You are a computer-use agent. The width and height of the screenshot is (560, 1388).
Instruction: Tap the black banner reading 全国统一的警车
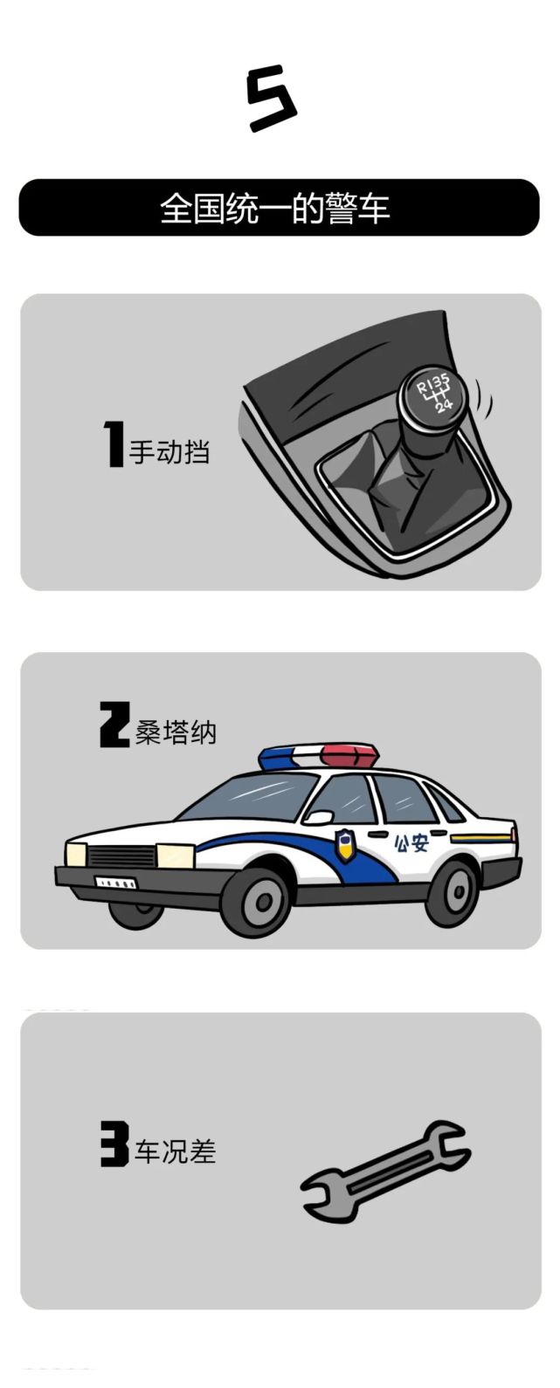click(x=280, y=208)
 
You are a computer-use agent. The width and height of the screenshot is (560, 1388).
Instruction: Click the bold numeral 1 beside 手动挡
click(x=114, y=443)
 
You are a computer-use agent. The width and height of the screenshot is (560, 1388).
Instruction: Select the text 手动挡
click(x=169, y=451)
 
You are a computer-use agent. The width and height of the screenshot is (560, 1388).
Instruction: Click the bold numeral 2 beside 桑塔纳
click(x=114, y=725)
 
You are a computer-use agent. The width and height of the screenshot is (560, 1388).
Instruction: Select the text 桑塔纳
click(x=176, y=732)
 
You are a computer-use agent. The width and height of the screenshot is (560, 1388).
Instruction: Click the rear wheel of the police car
click(x=453, y=891)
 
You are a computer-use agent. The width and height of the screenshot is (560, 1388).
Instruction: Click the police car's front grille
click(x=122, y=857)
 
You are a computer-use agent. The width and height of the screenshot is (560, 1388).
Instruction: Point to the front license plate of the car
click(x=116, y=883)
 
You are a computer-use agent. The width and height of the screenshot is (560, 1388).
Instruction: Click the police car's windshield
click(x=249, y=795)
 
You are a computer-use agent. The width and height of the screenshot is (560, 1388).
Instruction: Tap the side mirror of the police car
click(x=318, y=819)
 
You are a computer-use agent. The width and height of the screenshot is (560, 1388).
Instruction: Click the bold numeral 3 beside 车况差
click(x=114, y=1145)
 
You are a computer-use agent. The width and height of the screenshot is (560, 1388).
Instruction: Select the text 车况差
click(x=175, y=1152)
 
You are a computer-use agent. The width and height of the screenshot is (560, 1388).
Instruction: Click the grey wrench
click(x=384, y=1170)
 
